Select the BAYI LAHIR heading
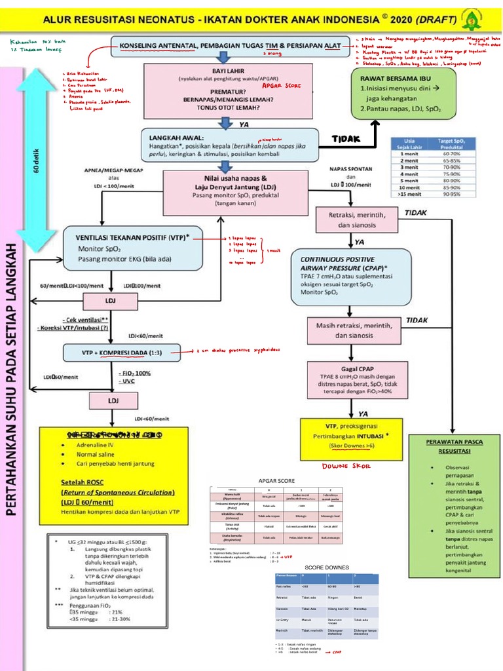(x=225, y=70)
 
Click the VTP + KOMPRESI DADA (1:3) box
(x=122, y=353)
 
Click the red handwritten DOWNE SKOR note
(x=345, y=466)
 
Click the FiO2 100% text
(x=136, y=373)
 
